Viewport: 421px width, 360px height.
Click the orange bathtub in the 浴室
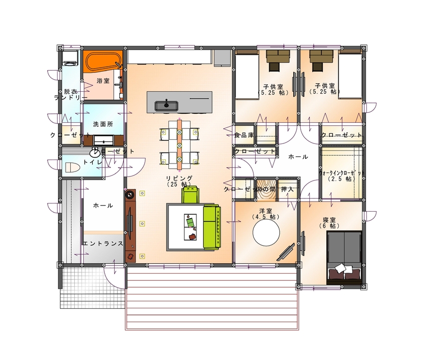pos(102,63)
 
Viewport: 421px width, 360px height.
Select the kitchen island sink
pos(165,105)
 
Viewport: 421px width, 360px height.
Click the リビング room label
pos(179,181)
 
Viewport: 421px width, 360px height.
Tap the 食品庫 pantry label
pos(244,135)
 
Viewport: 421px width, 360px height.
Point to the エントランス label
pos(103,244)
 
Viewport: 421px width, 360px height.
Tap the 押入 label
pos(288,189)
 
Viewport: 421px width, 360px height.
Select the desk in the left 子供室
pos(277,59)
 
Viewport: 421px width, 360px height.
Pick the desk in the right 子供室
pos(321,59)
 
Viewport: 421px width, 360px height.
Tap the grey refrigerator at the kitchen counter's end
pos(221,57)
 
